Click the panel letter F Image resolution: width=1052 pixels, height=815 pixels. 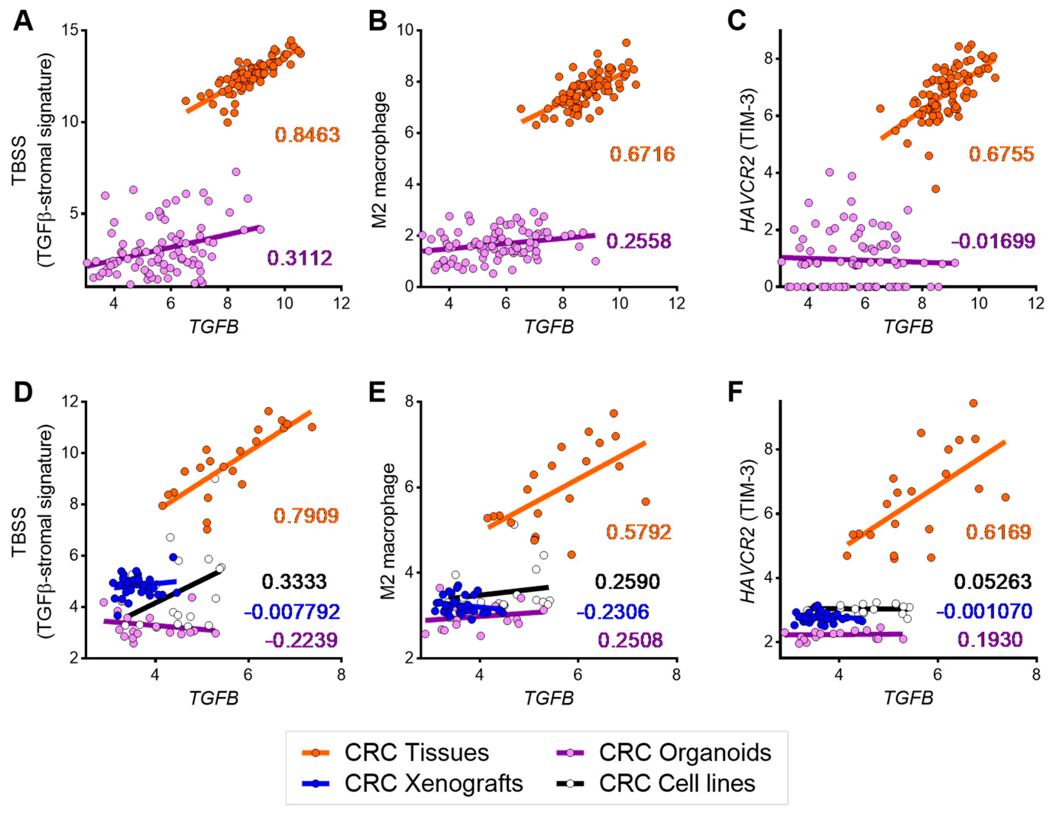[x=736, y=393]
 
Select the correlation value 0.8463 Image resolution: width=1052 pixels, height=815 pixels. [x=307, y=135]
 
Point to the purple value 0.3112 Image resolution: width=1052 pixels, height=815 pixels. [x=300, y=258]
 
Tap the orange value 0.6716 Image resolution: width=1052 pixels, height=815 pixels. [x=643, y=154]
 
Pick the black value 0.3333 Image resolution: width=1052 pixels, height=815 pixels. [x=294, y=582]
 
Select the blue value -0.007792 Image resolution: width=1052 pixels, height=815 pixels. [x=292, y=612]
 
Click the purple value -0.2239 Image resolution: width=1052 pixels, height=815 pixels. [x=301, y=641]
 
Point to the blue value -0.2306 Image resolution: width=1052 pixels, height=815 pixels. [x=613, y=612]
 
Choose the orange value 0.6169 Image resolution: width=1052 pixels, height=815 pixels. [x=998, y=532]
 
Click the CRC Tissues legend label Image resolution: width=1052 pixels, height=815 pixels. [x=416, y=753]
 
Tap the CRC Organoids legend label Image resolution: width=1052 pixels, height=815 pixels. [x=685, y=753]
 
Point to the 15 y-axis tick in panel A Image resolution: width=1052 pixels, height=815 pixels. [x=70, y=30]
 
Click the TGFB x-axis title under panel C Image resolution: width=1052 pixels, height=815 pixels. [x=908, y=327]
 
